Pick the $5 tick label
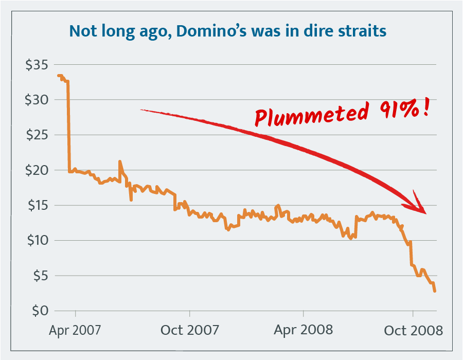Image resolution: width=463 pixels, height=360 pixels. click(x=40, y=276)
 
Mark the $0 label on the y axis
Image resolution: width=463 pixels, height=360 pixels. click(x=40, y=311)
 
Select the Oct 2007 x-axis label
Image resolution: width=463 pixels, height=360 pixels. click(x=190, y=329)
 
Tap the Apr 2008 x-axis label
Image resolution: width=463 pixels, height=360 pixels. click(x=304, y=329)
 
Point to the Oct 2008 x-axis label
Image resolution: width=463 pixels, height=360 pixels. click(x=413, y=329)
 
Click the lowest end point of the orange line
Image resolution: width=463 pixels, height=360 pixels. click(x=435, y=291)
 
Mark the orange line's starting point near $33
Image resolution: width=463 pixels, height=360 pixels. click(x=58, y=76)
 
